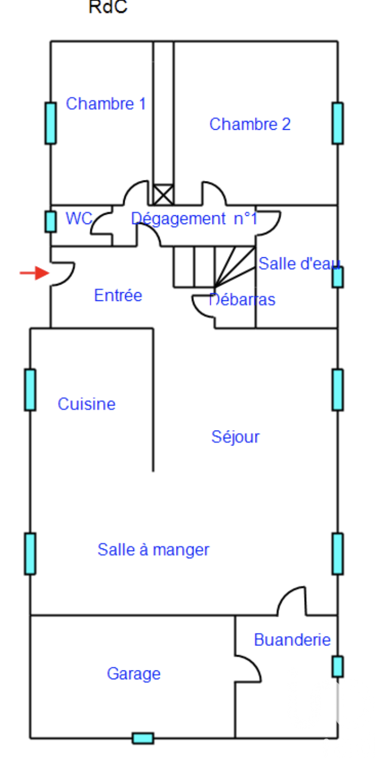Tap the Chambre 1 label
point(106,104)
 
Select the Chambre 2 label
point(250,124)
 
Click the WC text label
point(79,219)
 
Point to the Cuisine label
point(87,404)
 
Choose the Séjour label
point(235,437)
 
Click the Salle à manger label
point(153,549)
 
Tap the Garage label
point(133,674)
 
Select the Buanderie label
point(292,640)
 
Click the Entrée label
point(118,295)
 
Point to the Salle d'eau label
point(299,264)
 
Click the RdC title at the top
point(108,8)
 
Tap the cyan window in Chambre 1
point(51,123)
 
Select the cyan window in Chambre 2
point(338,123)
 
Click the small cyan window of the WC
point(51,221)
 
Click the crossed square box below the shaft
point(163,195)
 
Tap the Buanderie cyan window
point(338,666)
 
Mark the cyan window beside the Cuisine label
point(30,389)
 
